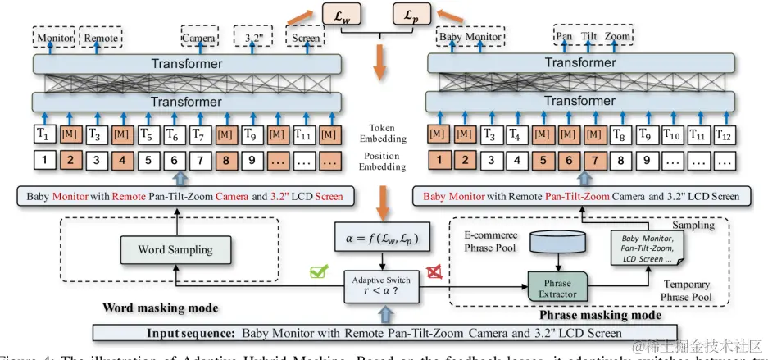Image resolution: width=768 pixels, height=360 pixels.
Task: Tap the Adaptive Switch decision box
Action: point(381,285)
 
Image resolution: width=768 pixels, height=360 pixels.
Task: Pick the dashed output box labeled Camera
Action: point(198,37)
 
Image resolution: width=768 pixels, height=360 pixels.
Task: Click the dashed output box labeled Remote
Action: point(102,37)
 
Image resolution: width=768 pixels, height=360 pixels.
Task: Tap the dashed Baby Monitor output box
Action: point(470,37)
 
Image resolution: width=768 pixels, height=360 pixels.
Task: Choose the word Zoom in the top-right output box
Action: point(618,37)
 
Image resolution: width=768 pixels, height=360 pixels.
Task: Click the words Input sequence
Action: point(191,333)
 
